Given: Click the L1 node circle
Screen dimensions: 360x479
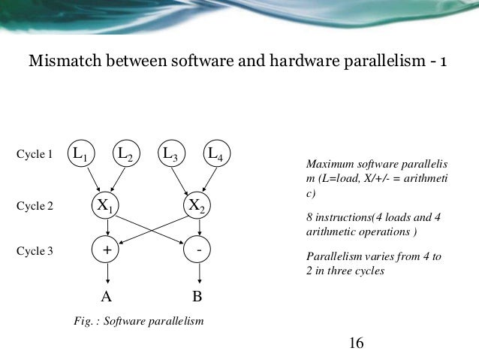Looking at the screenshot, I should (x=78, y=155).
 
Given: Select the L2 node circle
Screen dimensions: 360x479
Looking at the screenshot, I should (x=125, y=155).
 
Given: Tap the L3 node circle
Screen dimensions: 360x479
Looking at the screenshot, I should (x=170, y=155).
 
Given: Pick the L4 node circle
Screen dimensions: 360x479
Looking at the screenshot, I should (x=215, y=155).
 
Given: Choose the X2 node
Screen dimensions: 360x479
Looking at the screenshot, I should (x=197, y=204).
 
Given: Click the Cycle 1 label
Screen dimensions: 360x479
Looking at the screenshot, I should (x=35, y=156).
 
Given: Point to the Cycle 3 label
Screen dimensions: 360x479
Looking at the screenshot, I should (x=35, y=251).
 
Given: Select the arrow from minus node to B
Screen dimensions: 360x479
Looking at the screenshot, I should (x=197, y=274).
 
